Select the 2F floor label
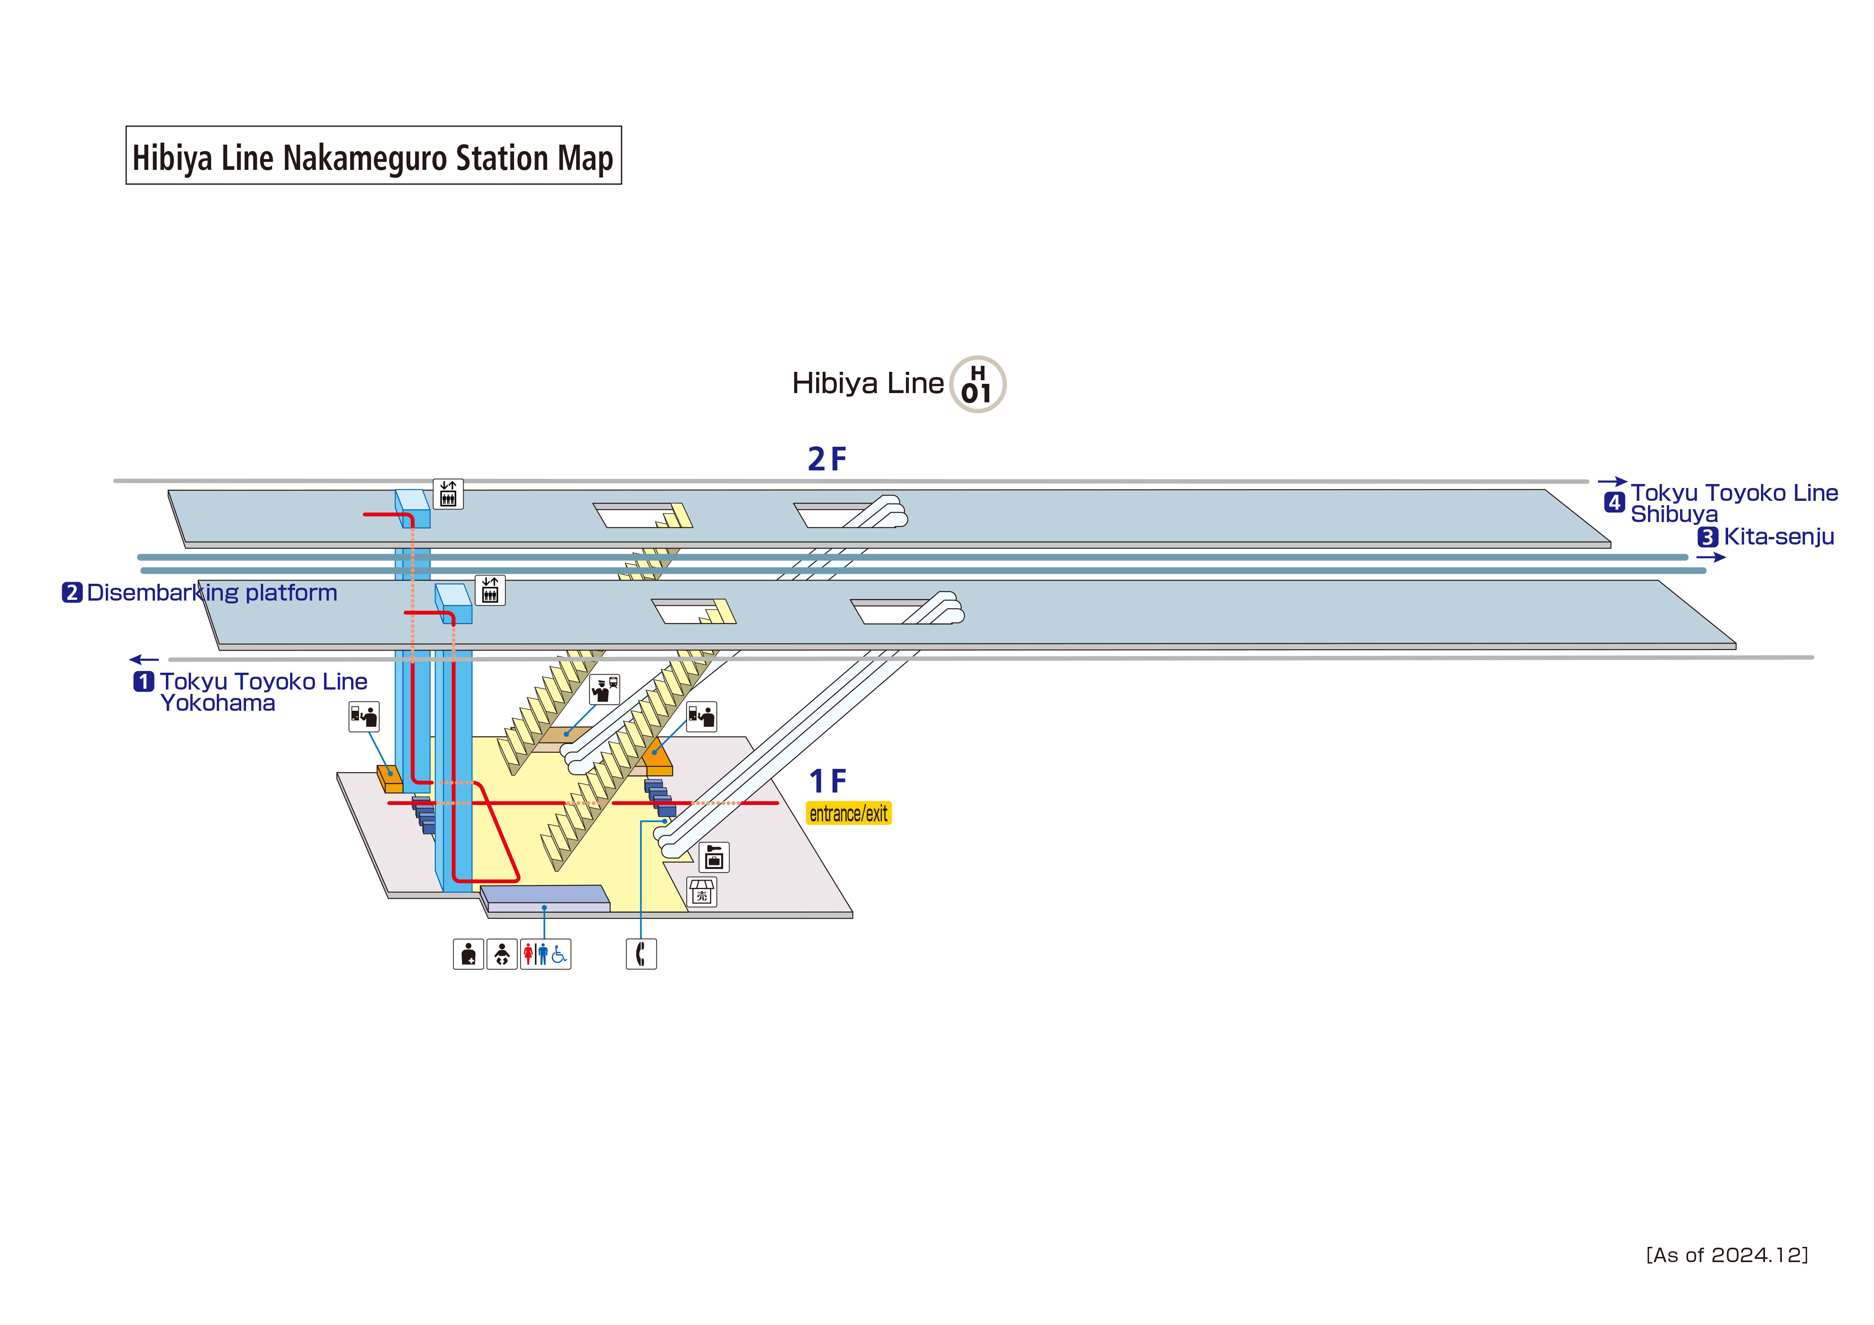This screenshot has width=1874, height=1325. [827, 460]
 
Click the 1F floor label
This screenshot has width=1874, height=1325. [827, 781]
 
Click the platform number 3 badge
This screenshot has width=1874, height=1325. [1707, 537]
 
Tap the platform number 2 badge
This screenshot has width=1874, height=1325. [72, 593]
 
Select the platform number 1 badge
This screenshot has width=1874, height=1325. [144, 681]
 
